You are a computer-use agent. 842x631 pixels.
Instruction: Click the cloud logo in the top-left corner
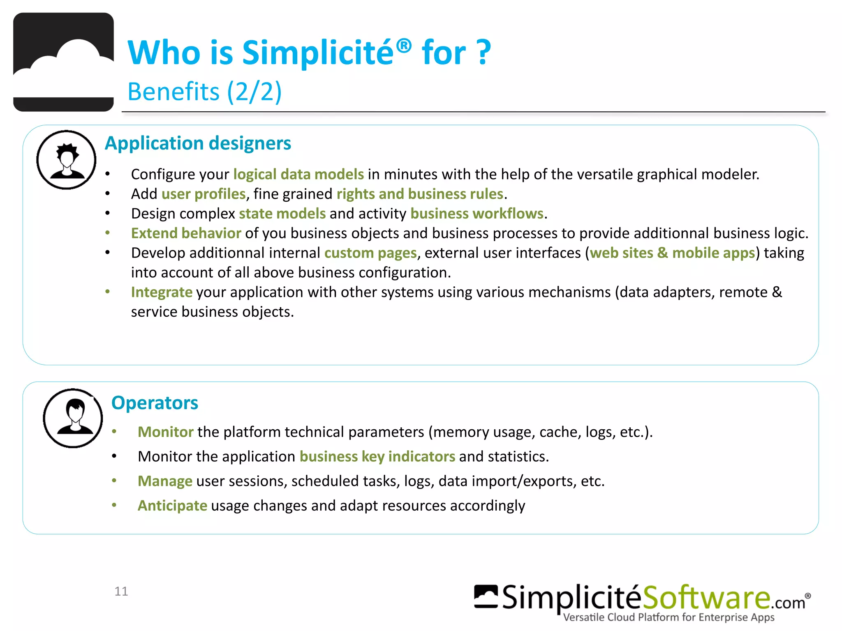pyautogui.click(x=63, y=62)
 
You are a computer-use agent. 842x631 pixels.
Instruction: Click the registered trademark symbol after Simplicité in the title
pyautogui.click(x=404, y=46)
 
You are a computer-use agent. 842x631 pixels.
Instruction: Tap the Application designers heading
pyautogui.click(x=198, y=143)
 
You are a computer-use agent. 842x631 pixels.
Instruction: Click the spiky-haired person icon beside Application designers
pyautogui.click(x=66, y=160)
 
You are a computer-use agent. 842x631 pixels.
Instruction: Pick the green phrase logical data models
pyautogui.click(x=298, y=174)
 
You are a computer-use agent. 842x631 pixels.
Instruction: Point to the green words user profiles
pyautogui.click(x=204, y=194)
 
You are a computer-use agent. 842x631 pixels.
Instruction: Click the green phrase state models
pyautogui.click(x=282, y=214)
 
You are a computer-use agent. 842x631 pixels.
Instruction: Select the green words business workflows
pyautogui.click(x=477, y=214)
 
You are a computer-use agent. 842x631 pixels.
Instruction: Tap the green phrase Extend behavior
pyautogui.click(x=186, y=233)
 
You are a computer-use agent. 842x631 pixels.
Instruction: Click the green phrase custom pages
pyautogui.click(x=370, y=253)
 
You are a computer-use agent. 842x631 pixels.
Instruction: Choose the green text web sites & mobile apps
pyautogui.click(x=673, y=253)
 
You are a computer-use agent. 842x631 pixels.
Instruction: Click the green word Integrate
pyautogui.click(x=162, y=292)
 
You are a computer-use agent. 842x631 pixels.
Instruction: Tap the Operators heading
pyautogui.click(x=155, y=403)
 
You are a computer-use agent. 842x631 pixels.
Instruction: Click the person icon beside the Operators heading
pyautogui.click(x=73, y=418)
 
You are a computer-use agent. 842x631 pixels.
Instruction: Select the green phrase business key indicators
pyautogui.click(x=377, y=457)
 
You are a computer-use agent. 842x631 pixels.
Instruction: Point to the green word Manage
pyautogui.click(x=165, y=481)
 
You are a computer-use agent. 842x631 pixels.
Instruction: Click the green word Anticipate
pyautogui.click(x=172, y=506)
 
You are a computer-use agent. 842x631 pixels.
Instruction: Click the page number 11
pyautogui.click(x=121, y=591)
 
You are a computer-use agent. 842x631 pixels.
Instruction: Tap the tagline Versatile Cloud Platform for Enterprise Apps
pyautogui.click(x=669, y=617)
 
